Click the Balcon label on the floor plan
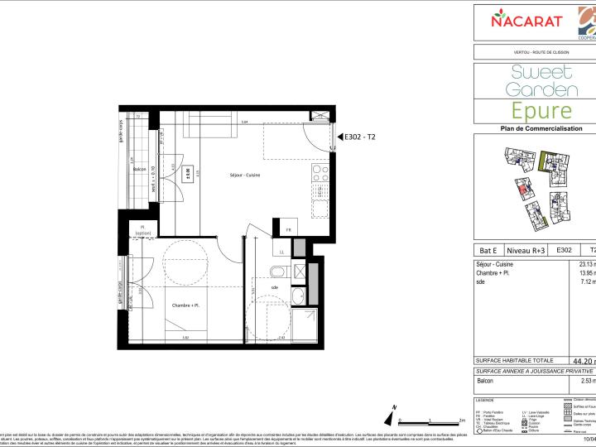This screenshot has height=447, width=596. pyautogui.click(x=140, y=169)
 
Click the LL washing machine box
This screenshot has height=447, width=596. pyautogui.click(x=281, y=251)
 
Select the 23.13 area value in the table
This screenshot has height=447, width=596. pyautogui.click(x=583, y=264)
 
